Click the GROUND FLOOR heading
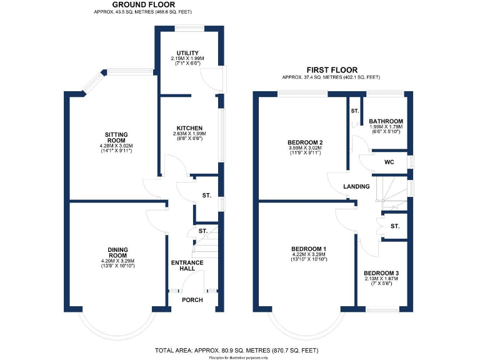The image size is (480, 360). (x=143, y=4)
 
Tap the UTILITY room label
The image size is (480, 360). (x=187, y=53)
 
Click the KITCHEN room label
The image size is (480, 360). (x=189, y=128)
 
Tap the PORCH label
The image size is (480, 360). (x=192, y=300)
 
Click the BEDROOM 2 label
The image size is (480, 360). (x=304, y=142)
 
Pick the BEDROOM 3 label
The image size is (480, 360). (x=381, y=273)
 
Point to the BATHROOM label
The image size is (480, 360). (x=386, y=121)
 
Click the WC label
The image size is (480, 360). (x=389, y=162)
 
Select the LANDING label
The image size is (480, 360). (x=357, y=186)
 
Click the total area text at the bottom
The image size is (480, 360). (x=240, y=350)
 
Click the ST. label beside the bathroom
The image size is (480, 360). (x=354, y=111)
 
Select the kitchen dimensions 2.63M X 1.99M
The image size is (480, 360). (x=189, y=134)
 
